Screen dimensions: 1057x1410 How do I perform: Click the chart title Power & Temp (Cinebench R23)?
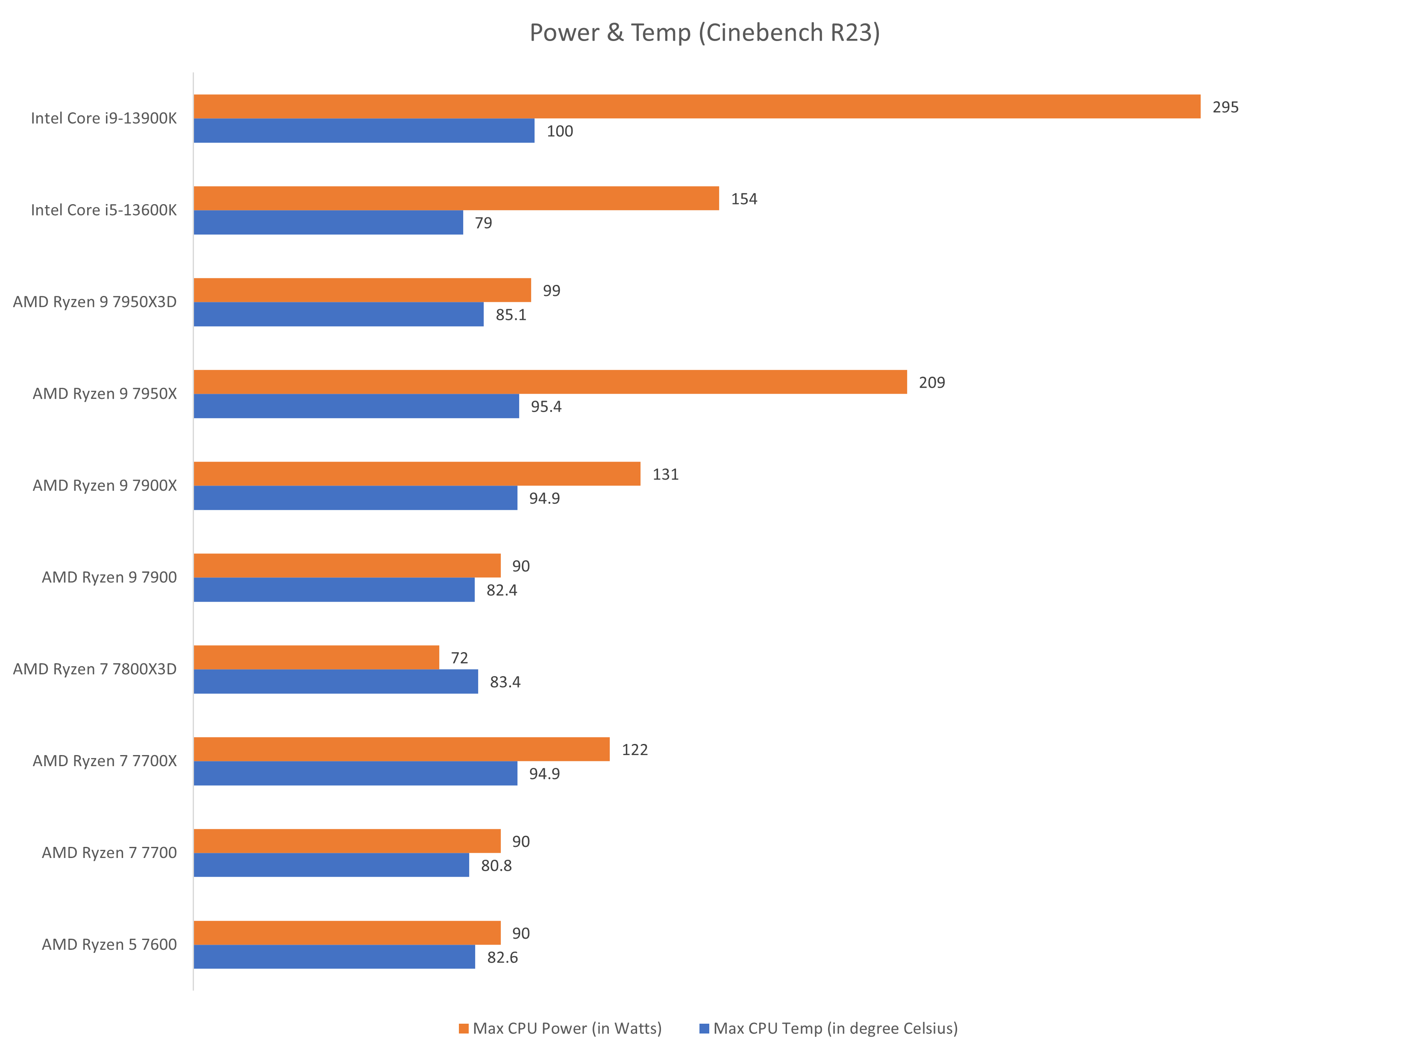pos(705,32)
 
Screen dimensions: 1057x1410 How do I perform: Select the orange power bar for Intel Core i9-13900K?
pos(697,106)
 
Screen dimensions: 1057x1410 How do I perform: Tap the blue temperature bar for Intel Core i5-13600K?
pos(328,223)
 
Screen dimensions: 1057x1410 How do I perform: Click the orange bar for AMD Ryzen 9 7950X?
pos(550,382)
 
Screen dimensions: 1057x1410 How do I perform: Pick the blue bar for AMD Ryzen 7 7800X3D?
pos(336,682)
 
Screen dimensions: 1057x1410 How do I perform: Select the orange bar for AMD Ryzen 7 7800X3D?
pos(316,658)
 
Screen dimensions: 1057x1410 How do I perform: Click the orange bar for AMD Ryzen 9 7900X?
pos(417,473)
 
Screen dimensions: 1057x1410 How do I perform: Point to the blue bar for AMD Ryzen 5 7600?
pos(334,957)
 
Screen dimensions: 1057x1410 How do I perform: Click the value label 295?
pos(1225,107)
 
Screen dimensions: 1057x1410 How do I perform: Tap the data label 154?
pos(744,199)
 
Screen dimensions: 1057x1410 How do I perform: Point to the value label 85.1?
pos(511,315)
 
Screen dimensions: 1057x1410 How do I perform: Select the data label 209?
pos(931,382)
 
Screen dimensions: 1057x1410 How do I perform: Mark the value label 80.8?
pos(496,865)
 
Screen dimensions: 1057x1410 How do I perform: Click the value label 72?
pos(459,658)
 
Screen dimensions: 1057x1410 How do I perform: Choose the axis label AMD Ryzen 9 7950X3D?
pos(95,302)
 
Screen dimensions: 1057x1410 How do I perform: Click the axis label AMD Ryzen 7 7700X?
pos(105,761)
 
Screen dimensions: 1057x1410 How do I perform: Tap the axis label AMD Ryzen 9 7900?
pos(109,577)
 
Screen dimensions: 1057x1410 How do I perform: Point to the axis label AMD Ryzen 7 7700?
pos(109,852)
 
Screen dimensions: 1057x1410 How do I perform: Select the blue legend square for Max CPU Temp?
pos(704,1028)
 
